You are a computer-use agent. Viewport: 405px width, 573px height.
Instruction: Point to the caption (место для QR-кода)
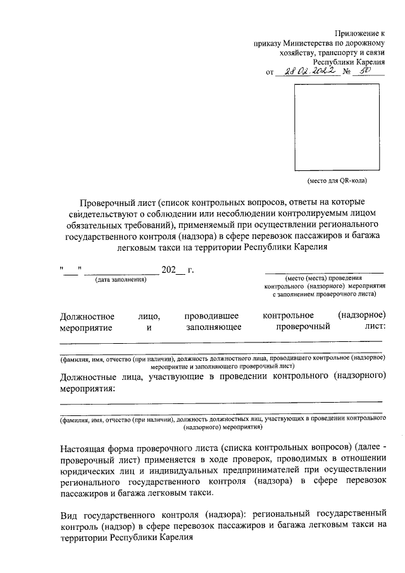coord(337,181)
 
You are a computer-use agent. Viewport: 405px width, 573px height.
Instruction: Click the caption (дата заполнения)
coord(120,280)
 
